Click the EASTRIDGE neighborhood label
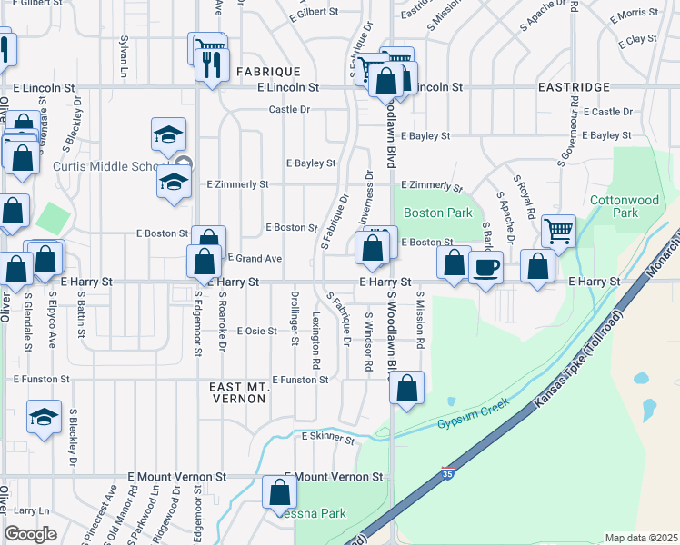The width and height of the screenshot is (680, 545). point(574,87)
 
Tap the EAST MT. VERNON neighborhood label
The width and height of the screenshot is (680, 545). point(238,393)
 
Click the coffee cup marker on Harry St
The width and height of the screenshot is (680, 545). point(486,268)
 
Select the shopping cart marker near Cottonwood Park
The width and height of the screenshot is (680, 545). point(558,229)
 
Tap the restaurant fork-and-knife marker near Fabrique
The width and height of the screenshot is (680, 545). point(212,64)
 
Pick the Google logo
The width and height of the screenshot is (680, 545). point(31,534)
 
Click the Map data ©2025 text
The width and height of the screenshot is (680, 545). point(641,538)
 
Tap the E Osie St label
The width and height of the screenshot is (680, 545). point(256,332)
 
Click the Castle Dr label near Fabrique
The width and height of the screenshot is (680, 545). point(289,110)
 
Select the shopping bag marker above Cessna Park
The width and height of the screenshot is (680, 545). point(280,493)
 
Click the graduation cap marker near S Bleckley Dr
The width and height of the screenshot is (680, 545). point(44,417)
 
